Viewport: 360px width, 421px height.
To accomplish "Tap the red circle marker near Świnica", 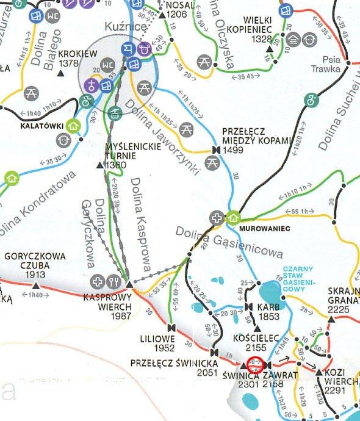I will (x=256, y=364).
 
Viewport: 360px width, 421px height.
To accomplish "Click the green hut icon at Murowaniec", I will (x=233, y=217).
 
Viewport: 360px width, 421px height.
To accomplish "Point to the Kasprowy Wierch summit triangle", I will (x=129, y=284).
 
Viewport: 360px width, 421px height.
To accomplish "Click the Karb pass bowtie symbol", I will (x=249, y=306).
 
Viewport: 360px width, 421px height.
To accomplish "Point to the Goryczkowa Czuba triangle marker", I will (x=35, y=285).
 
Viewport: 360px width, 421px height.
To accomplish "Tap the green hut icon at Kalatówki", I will (x=73, y=126).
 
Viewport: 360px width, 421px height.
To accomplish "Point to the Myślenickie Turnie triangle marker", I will (x=100, y=165).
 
